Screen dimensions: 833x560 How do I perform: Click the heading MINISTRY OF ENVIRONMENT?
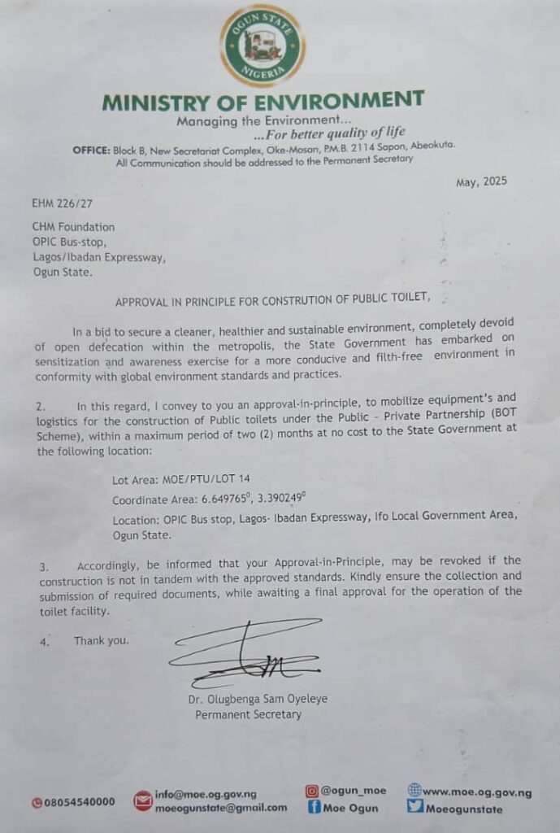[x=263, y=102]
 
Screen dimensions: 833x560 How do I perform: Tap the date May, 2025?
[x=482, y=181]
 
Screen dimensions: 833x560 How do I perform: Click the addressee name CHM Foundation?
[x=74, y=227]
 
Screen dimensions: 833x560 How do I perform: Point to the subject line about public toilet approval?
[x=272, y=300]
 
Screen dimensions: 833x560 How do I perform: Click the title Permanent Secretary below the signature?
[x=248, y=715]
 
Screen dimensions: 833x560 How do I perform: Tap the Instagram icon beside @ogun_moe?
[x=311, y=790]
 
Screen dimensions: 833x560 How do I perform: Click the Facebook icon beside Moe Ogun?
[x=312, y=808]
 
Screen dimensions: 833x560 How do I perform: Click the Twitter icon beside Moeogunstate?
[x=415, y=808]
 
